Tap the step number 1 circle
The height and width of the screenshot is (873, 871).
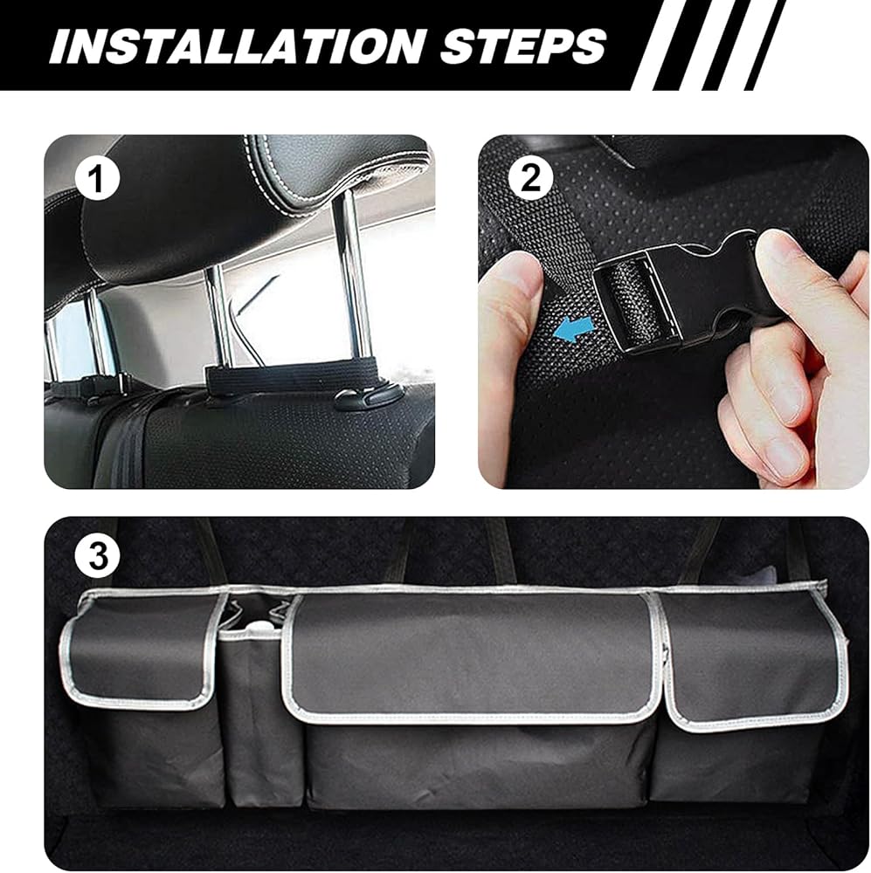[98, 180]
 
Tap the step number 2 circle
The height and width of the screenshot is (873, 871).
[531, 179]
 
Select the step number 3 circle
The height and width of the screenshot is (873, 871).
[98, 555]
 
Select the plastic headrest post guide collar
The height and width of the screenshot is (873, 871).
[363, 398]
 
